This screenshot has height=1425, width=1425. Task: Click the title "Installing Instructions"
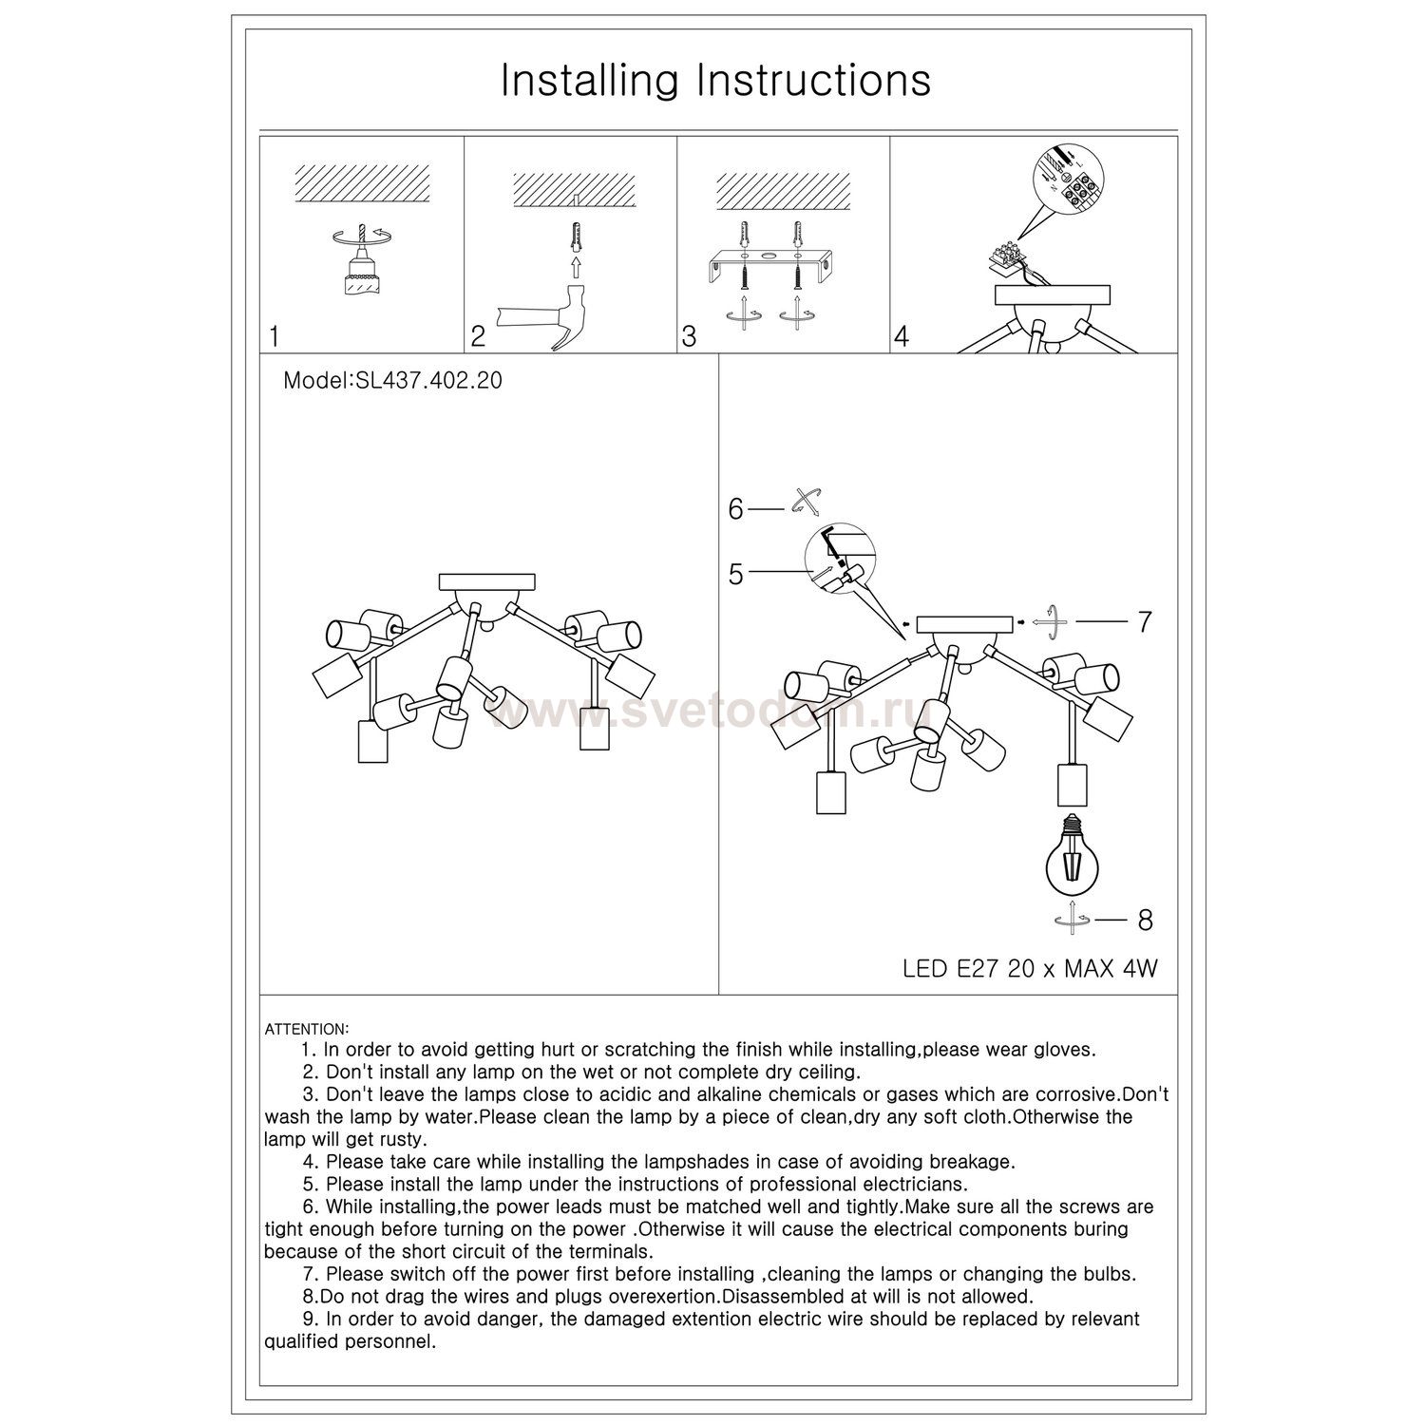point(715,81)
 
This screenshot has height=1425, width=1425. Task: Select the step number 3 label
point(690,336)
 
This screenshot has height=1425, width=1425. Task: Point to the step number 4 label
point(902,336)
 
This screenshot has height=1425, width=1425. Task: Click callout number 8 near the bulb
point(1145,920)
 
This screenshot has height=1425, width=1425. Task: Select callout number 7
point(1145,621)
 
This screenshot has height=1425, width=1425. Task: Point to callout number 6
point(736,509)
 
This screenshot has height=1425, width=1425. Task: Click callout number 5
point(736,574)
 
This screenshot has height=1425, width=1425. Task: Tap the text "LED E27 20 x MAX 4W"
point(1030,969)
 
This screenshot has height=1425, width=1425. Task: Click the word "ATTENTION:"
point(307,1029)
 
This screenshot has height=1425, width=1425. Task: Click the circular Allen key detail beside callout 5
point(842,561)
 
